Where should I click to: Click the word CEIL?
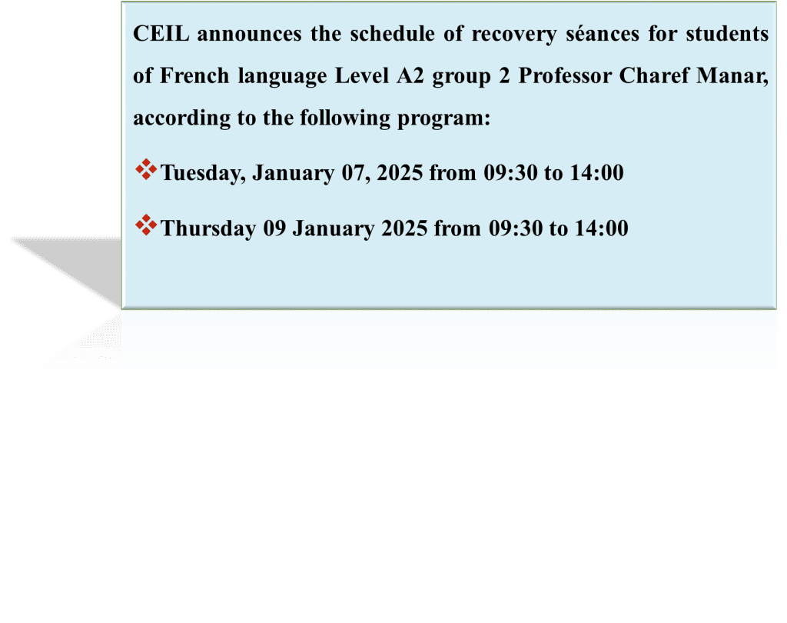coord(161,34)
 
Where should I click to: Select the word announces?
coord(249,34)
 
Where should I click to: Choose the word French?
coord(194,76)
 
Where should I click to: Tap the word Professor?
coord(565,76)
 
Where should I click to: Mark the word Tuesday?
coord(203,173)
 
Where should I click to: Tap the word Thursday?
coord(208,228)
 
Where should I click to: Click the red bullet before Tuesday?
coord(146,169)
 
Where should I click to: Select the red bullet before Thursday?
coord(146,225)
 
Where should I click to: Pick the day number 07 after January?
coord(357,173)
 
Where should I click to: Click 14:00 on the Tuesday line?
coord(596,173)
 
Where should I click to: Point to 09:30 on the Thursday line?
coord(516,228)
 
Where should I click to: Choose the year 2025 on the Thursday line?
coord(404,228)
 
